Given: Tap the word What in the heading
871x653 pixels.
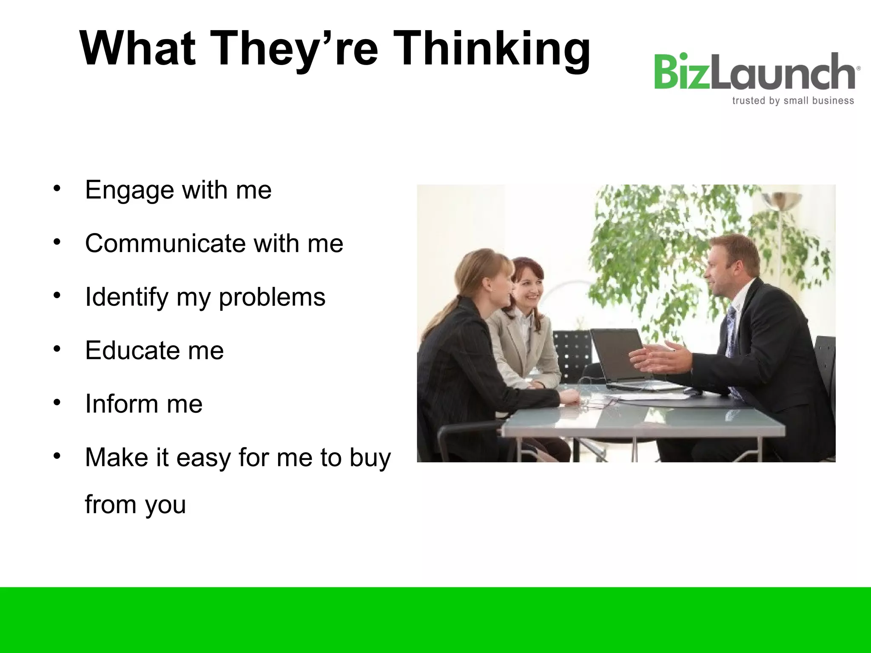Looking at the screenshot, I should click(x=137, y=49).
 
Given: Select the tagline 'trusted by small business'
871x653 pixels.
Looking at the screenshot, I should click(x=793, y=101).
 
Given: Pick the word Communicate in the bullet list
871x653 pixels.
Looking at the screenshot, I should click(x=165, y=243).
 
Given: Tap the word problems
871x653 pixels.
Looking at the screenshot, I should click(x=272, y=297).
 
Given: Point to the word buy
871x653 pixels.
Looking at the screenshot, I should click(x=370, y=458).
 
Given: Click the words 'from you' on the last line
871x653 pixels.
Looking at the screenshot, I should click(x=135, y=505).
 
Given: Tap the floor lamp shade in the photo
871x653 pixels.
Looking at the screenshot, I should click(x=782, y=200).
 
